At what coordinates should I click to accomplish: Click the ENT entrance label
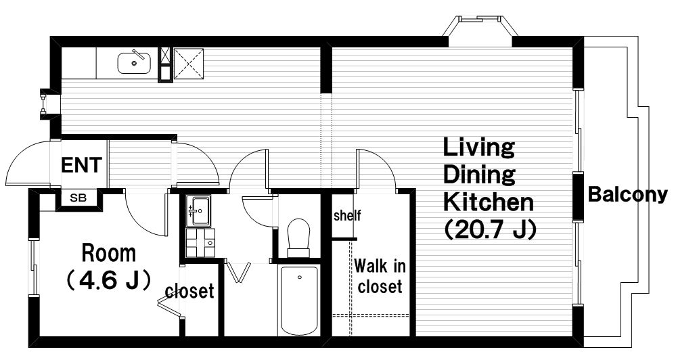tap(81, 165)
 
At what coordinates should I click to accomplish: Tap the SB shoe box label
tap(78, 198)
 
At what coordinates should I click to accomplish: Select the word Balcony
tap(628, 195)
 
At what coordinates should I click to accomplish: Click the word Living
tap(479, 148)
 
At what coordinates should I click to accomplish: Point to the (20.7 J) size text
tap(490, 229)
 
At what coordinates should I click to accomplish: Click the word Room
tap(109, 253)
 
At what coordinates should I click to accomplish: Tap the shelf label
tap(347, 215)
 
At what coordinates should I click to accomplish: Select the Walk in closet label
tap(380, 276)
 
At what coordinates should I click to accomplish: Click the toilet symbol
tap(299, 237)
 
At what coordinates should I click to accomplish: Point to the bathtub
tap(299, 301)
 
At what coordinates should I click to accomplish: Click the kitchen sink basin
tap(134, 63)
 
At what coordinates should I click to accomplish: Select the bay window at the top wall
tap(480, 27)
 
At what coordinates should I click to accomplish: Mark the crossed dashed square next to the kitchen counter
tap(188, 64)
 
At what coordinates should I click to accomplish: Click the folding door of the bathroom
tap(239, 271)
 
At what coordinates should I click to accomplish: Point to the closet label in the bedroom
tap(189, 291)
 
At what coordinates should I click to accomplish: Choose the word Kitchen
tap(489, 202)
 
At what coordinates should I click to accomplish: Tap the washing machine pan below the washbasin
tap(200, 243)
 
